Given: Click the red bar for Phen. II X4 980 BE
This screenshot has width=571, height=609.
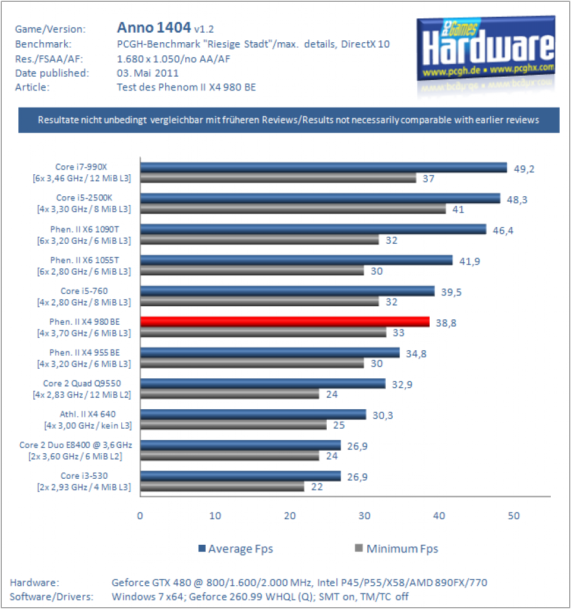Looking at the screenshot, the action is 285,322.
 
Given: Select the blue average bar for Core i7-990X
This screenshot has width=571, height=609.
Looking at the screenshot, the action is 323,167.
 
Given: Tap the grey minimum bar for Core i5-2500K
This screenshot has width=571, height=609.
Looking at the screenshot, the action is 293,209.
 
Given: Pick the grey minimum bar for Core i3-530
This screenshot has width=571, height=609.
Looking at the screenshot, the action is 222,486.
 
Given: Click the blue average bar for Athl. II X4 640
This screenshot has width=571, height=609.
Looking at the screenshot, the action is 253,415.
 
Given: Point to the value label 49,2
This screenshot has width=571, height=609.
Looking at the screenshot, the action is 524,169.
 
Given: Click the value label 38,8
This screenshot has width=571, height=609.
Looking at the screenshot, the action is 446,323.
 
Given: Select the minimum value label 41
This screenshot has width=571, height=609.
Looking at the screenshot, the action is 458,210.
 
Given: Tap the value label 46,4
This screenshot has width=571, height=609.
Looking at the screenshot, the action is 503,231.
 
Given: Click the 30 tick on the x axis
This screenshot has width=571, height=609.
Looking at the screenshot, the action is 364,516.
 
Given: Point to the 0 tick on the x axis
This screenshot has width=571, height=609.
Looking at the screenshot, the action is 140,516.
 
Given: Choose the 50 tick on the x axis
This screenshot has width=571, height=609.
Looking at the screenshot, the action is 513,516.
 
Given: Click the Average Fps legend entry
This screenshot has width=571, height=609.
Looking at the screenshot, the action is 236,549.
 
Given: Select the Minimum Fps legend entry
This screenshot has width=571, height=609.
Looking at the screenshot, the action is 396,549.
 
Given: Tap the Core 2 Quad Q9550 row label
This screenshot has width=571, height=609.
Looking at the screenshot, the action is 82,389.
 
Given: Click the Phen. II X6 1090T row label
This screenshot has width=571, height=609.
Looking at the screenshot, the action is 84,235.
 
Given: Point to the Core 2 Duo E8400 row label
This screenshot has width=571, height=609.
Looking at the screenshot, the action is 75,451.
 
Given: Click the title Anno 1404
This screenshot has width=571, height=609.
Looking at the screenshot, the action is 154,27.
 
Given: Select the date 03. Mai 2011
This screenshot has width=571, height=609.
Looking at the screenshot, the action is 148,73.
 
